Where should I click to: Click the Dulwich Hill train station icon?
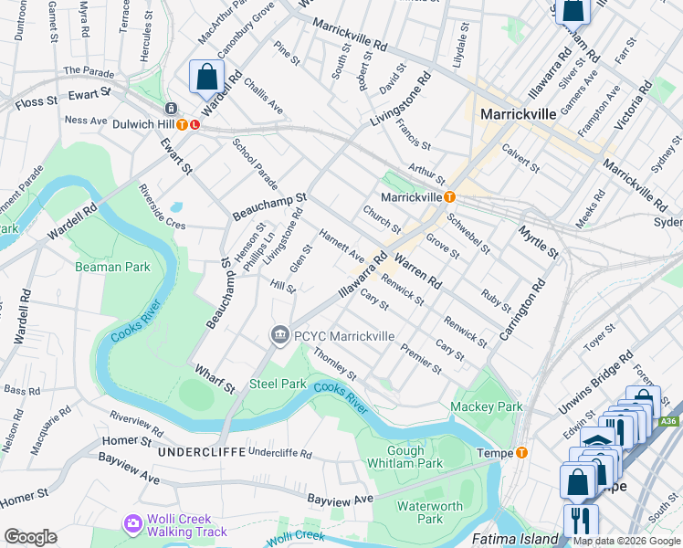pyautogui.click(x=183, y=125)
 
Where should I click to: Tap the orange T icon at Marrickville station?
pyautogui.click(x=448, y=197)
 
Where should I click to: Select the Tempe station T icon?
pyautogui.click(x=521, y=452)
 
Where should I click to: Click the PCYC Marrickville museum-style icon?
pyautogui.click(x=280, y=336)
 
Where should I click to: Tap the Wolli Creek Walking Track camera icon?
pyautogui.click(x=133, y=524)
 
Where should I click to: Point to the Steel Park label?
pyautogui.click(x=278, y=384)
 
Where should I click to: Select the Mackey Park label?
pyautogui.click(x=486, y=406)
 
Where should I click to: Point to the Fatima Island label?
pyautogui.click(x=514, y=539)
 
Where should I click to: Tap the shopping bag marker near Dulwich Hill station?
pyautogui.click(x=206, y=78)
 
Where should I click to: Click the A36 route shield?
pyautogui.click(x=669, y=421)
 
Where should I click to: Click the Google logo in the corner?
pyautogui.click(x=30, y=537)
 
